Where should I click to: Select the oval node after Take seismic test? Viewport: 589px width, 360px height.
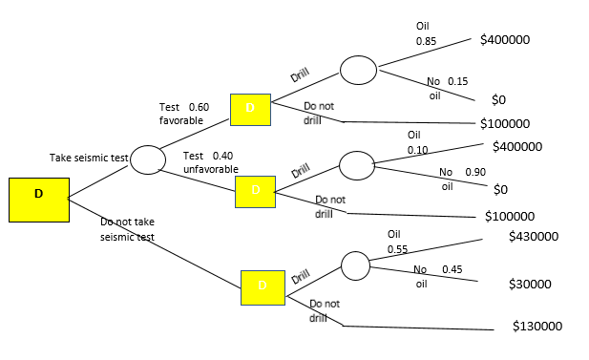[148, 159]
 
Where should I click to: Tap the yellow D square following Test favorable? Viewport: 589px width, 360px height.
[250, 109]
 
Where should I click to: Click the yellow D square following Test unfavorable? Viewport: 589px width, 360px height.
[255, 192]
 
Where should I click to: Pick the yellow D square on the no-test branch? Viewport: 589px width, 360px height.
[263, 286]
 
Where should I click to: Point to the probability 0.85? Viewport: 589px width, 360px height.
[426, 42]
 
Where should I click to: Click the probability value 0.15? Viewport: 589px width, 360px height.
[457, 81]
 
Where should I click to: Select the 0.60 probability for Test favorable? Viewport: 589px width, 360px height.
[199, 107]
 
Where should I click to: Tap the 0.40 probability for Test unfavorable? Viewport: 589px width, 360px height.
[222, 156]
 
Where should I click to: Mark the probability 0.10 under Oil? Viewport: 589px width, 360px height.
[417, 151]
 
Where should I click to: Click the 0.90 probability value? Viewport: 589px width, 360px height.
[474, 172]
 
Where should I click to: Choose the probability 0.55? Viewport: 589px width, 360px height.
[397, 249]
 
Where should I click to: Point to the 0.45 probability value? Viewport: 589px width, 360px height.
[452, 269]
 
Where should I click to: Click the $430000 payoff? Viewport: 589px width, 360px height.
[534, 235]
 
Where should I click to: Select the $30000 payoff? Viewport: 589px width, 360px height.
[530, 284]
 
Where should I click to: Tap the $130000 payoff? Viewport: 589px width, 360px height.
[536, 326]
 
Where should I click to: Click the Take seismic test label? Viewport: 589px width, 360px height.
[89, 157]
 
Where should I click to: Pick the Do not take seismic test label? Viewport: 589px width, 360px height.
[127, 229]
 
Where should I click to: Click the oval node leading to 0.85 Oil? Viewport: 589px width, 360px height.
[358, 70]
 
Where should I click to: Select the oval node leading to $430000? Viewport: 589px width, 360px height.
[355, 265]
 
